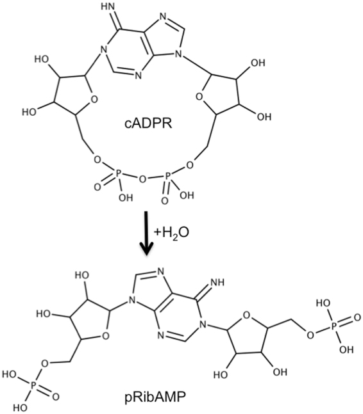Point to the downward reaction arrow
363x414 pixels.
149,237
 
